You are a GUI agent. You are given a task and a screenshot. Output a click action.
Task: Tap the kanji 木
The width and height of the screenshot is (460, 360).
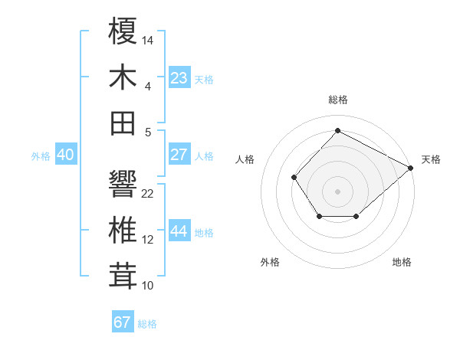[123, 77]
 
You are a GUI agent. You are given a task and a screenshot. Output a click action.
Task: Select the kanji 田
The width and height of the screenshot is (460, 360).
[123, 123]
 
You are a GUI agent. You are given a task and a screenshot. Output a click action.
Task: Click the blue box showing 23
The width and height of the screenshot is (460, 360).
[179, 77]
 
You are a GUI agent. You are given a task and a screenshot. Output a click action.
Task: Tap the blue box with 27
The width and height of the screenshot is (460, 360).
[179, 155]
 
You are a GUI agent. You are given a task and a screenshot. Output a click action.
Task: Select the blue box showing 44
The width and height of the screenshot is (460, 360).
[179, 232]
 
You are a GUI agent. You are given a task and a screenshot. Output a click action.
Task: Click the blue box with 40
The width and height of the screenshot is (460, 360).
[65, 155]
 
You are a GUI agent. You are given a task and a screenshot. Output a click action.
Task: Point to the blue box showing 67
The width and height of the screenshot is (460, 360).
[123, 322]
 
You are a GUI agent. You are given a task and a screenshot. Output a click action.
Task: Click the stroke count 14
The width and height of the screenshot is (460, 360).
[148, 39]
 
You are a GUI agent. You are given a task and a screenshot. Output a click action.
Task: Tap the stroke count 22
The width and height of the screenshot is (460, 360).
[148, 193]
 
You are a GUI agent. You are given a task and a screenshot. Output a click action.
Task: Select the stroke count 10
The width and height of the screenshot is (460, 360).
[148, 285]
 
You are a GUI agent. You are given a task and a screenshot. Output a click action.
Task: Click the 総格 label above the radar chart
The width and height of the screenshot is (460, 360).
[338, 100]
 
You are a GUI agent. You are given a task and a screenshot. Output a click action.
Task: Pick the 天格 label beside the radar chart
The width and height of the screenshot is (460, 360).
[431, 159]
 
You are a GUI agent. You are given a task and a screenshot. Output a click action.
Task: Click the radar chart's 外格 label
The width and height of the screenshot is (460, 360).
[270, 262]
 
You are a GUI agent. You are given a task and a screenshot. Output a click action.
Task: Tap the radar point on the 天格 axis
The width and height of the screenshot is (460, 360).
[411, 168]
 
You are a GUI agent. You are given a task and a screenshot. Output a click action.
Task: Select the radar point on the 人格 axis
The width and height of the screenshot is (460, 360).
[294, 178]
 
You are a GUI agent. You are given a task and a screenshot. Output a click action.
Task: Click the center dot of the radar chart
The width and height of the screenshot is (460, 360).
[337, 191]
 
